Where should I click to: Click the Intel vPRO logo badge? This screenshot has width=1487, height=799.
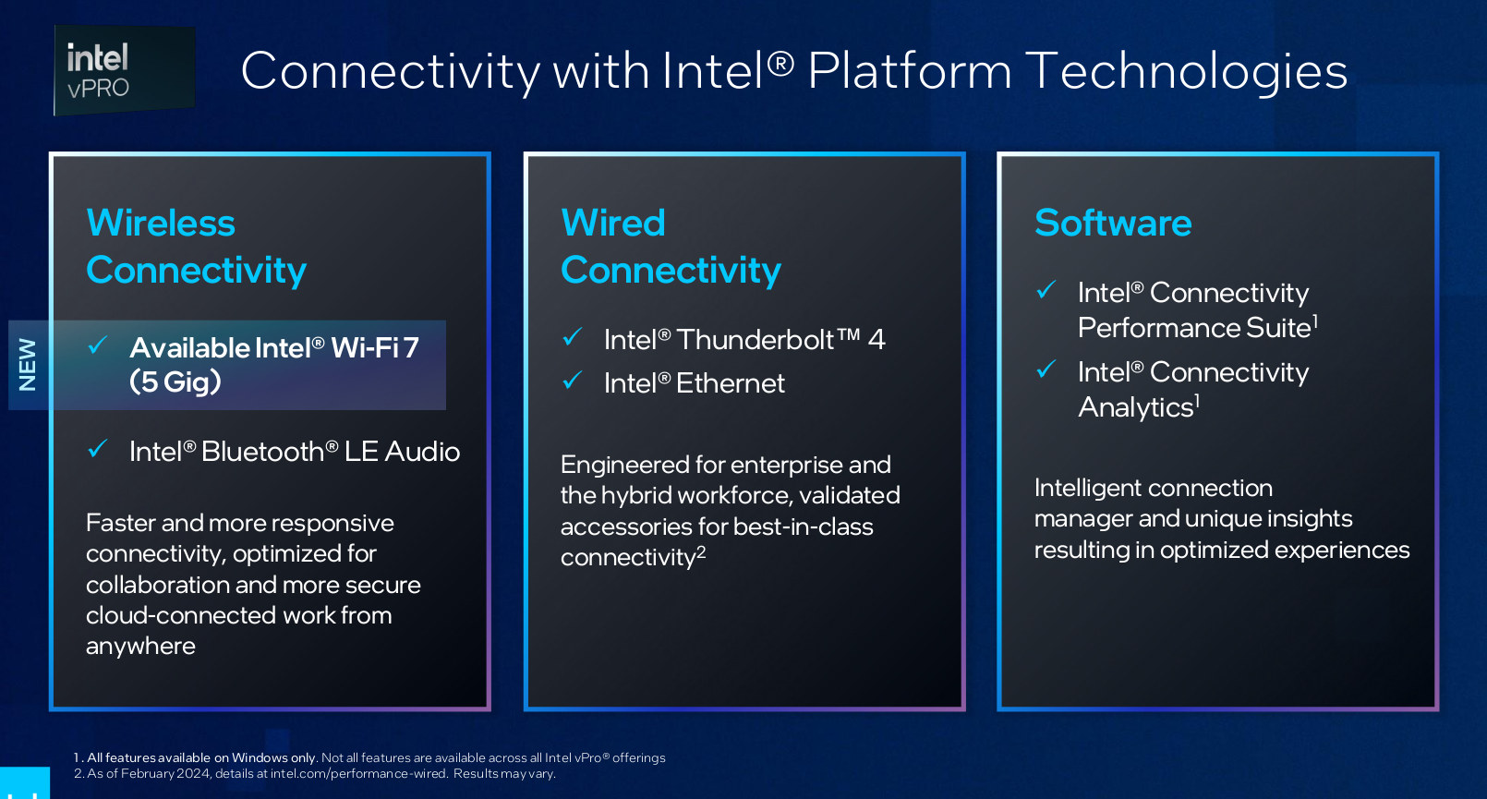tap(124, 70)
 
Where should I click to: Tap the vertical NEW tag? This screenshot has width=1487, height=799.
tap(27, 365)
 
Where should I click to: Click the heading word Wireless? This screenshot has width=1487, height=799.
tap(161, 223)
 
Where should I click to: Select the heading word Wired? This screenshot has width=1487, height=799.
tap(612, 223)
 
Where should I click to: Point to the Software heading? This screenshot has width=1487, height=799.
tap(1113, 223)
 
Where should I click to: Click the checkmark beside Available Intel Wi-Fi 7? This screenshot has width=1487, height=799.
tap(98, 344)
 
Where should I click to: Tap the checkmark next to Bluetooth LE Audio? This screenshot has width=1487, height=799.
tap(98, 448)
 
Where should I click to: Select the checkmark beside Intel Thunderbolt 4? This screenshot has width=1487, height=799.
tap(573, 337)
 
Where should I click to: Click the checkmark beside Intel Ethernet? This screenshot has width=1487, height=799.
tap(573, 380)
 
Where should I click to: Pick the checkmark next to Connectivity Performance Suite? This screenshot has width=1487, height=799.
tap(1046, 289)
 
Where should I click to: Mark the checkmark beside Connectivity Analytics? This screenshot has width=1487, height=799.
tap(1046, 369)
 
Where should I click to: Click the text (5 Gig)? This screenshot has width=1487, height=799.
tap(175, 381)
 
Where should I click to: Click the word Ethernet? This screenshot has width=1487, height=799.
tap(731, 383)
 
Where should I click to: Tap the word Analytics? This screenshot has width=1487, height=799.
tap(1136, 407)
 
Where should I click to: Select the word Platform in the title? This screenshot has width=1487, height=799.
tap(910, 71)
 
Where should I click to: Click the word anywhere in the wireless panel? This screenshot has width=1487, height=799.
tap(140, 647)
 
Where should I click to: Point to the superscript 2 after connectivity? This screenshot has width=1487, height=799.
tap(701, 552)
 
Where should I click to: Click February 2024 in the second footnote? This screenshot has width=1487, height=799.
tap(166, 774)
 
